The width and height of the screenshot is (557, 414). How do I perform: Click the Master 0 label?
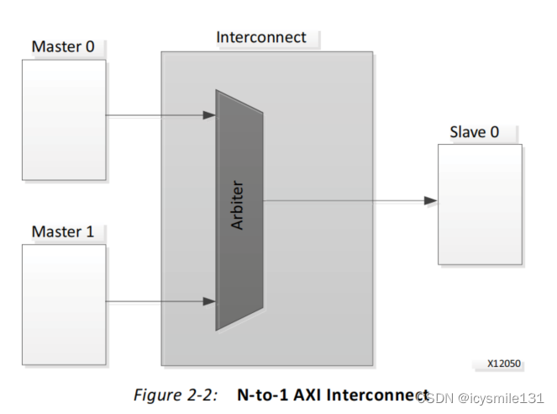click(63, 46)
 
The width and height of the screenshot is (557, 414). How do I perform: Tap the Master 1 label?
click(63, 231)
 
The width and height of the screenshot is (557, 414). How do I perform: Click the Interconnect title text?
click(261, 37)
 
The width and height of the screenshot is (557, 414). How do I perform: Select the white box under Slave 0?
click(480, 204)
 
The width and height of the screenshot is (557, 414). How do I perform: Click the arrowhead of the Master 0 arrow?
click(210, 115)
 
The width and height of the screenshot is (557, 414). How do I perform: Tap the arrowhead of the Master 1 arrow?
click(210, 300)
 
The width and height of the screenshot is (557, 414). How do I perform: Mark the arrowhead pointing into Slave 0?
click(430, 201)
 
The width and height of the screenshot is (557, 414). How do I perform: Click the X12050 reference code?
click(504, 364)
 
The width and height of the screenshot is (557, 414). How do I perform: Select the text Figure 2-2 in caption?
click(174, 395)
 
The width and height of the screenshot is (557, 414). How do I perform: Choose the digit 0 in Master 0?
click(90, 46)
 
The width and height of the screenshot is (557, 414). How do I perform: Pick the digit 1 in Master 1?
click(90, 231)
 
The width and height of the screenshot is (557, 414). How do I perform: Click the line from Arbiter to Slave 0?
click(344, 201)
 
